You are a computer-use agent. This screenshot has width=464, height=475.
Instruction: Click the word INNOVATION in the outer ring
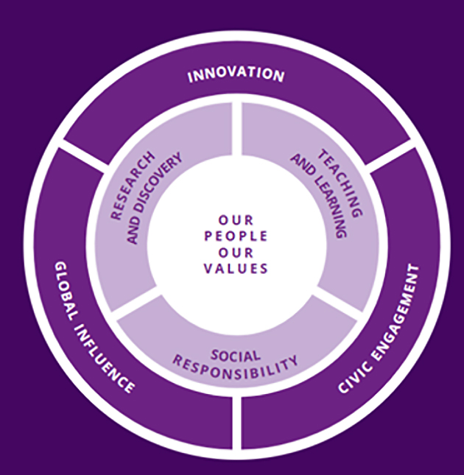coord(235,76)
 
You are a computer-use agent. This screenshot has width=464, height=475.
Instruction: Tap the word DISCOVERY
coord(155,196)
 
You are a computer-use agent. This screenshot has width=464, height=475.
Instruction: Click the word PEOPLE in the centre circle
coord(235,236)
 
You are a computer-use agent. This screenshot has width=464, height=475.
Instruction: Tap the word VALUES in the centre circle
coord(235,269)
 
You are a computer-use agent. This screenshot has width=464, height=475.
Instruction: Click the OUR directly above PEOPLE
coord(235,219)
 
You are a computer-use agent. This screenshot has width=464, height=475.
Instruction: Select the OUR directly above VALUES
coord(235,253)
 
